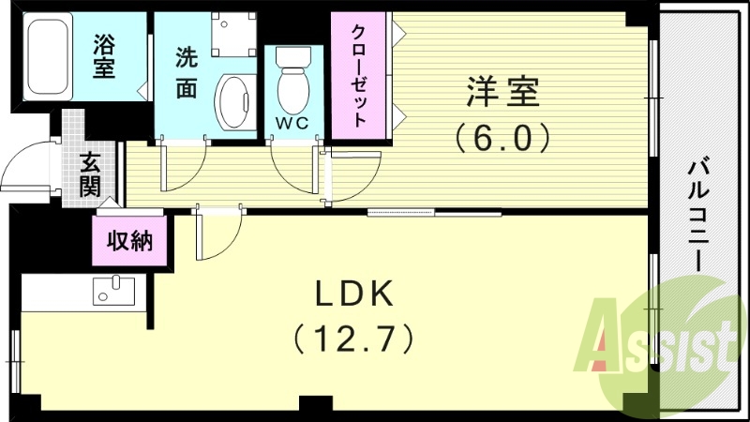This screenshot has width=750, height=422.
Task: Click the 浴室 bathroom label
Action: tap(104, 56)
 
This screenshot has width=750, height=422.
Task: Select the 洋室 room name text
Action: tap(503, 95)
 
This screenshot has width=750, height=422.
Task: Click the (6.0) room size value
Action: tap(502, 138)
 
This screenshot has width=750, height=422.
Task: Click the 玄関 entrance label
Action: tap(90, 173)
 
